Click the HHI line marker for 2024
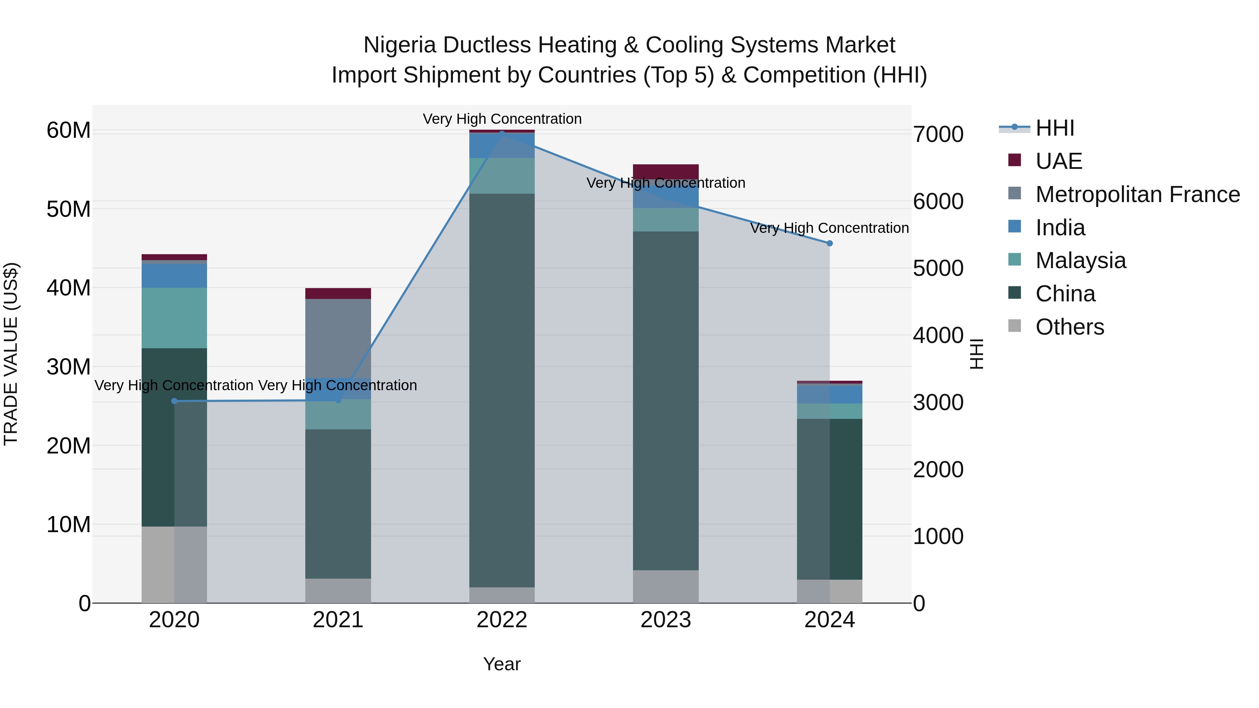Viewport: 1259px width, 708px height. [x=830, y=243]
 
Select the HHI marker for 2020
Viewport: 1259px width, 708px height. [x=175, y=401]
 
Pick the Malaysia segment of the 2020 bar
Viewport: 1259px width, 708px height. [x=175, y=317]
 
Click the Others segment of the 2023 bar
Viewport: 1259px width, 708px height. [x=666, y=586]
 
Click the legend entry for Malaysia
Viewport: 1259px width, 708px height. [x=1080, y=260]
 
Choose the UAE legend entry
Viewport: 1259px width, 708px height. [x=1059, y=161]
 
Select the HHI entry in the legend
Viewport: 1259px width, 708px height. [x=1055, y=128]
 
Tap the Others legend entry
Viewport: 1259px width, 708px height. [x=1069, y=327]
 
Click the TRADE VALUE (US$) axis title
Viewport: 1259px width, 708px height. [x=11, y=354]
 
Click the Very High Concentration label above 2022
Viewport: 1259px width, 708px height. [x=502, y=119]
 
